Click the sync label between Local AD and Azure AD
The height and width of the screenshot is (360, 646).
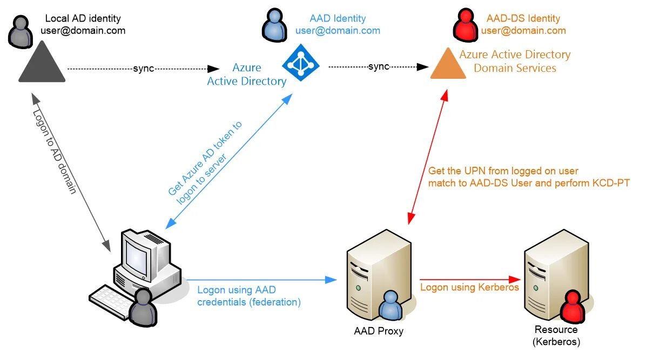[x=143, y=69]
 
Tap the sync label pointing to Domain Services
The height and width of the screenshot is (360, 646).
[x=379, y=67]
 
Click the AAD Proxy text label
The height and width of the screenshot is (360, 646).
[x=378, y=331]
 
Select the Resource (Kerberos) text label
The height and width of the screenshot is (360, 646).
[x=556, y=336]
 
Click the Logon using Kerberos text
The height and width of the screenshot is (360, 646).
[x=469, y=287]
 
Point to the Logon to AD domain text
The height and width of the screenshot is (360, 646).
[x=54, y=152]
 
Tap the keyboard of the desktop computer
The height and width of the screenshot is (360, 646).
[x=112, y=300]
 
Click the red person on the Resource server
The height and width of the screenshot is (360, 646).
[x=573, y=308]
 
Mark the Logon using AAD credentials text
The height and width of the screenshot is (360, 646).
[x=248, y=296]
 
